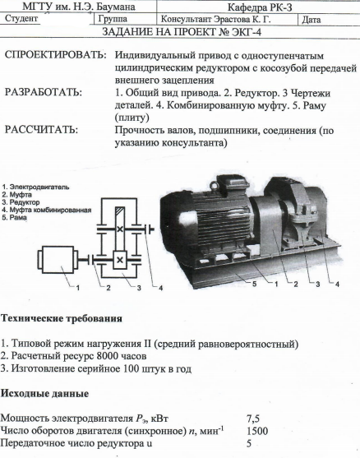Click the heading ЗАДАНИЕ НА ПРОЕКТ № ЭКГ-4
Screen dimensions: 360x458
point(182,32)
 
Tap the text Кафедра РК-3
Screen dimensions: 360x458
point(260,7)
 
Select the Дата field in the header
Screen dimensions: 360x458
point(312,20)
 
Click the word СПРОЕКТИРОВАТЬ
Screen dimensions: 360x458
point(55,55)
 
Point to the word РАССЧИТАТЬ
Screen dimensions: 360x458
point(41,130)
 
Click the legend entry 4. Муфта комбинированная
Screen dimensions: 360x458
point(47,210)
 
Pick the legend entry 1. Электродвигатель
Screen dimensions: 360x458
point(35,187)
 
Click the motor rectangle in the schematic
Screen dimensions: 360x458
point(58,260)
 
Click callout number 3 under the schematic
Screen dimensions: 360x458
point(139,288)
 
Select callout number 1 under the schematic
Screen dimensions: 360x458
point(77,288)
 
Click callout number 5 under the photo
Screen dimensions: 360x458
point(254,284)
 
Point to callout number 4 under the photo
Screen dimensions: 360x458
point(337,284)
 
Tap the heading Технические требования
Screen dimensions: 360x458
point(62,318)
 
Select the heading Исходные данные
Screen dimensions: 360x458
point(44,393)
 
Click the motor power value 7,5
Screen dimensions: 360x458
point(253,419)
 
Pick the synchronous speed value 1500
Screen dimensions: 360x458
point(257,431)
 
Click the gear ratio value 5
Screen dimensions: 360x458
point(249,443)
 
